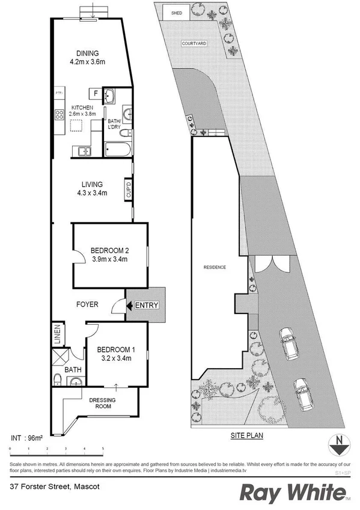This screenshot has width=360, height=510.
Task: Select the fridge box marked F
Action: [95, 93]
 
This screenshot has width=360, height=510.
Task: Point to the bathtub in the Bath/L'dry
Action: [117, 149]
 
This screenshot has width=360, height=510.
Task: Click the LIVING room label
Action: [93, 184]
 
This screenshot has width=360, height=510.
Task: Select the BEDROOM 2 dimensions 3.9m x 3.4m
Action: [110, 259]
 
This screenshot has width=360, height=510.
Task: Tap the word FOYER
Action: [87, 305]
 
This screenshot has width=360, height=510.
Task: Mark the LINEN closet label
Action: [56, 336]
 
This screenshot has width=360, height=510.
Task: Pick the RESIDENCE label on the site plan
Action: [214, 266]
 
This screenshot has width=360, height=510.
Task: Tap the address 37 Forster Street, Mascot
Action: [50, 485]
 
